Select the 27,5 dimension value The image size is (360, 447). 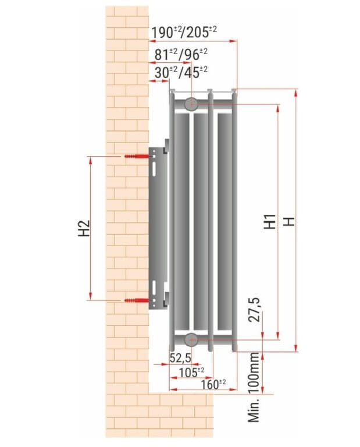pos(255,311)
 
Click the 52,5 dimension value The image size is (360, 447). pos(181,358)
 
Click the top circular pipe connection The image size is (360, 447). pos(191,105)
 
